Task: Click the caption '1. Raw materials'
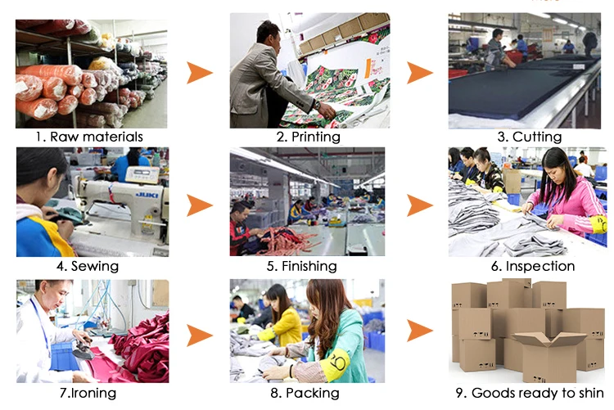pyautogui.click(x=89, y=137)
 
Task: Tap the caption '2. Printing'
pyautogui.click(x=309, y=137)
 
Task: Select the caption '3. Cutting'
pyautogui.click(x=530, y=137)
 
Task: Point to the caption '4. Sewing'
pyautogui.click(x=88, y=266)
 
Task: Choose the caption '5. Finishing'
pyautogui.click(x=307, y=266)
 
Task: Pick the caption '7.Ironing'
pyautogui.click(x=88, y=393)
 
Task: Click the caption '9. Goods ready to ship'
pyautogui.click(x=529, y=393)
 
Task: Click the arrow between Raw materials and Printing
pyautogui.click(x=199, y=73)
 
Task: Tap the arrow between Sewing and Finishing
pyautogui.click(x=199, y=204)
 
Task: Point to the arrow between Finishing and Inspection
pyautogui.click(x=419, y=204)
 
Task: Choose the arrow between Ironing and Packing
pyautogui.click(x=199, y=334)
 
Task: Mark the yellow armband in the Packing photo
pyautogui.click(x=333, y=360)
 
